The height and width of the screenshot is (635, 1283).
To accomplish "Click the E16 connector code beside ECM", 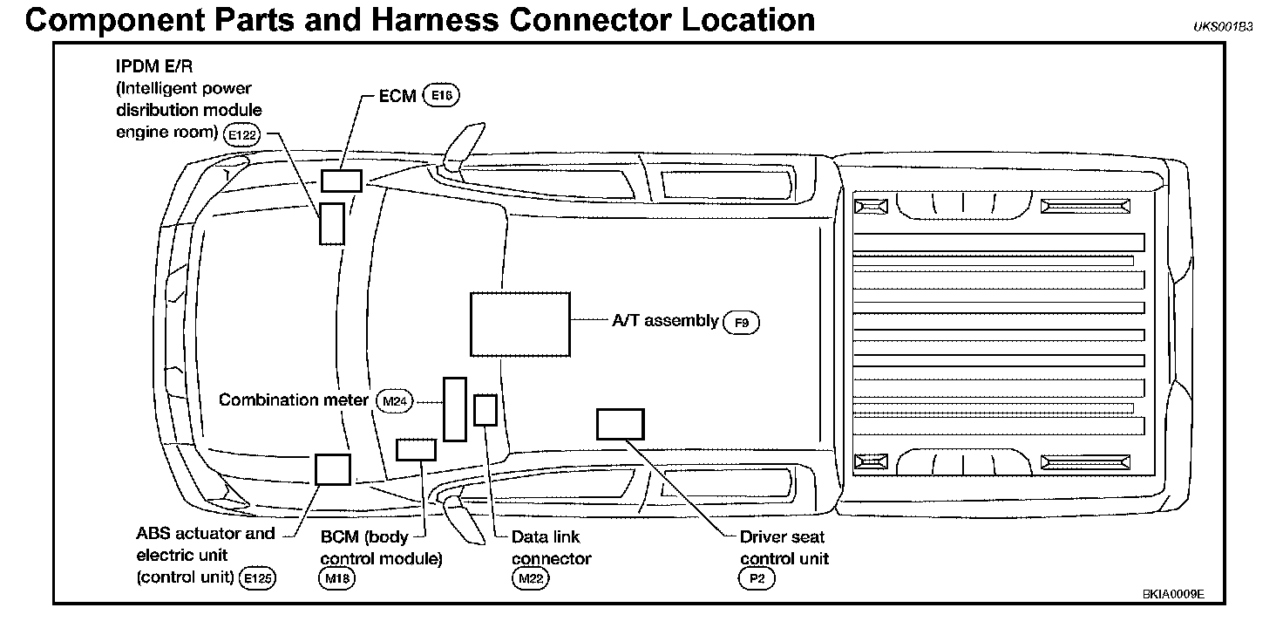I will tap(440, 97).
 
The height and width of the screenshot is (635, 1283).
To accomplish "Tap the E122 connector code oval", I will tap(241, 135).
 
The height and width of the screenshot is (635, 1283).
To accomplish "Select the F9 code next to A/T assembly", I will tap(741, 323).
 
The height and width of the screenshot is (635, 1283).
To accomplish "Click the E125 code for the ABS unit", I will tap(258, 577).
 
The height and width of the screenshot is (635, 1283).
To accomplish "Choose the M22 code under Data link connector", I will tap(531, 577).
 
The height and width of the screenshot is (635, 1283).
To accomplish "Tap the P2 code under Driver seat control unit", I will tap(756, 577).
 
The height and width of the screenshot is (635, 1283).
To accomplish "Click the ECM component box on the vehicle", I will tap(341, 181).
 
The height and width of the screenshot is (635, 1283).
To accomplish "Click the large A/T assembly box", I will tap(519, 324).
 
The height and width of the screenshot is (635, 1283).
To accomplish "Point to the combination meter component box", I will tap(454, 409).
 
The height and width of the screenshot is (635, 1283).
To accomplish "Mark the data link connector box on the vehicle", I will tap(485, 410).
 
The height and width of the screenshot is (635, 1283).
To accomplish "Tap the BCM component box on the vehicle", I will tap(415, 449).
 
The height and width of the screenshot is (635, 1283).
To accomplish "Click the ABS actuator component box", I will tap(332, 468).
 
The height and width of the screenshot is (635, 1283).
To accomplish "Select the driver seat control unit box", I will tap(620, 424).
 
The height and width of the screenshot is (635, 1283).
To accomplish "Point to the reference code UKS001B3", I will tap(1223, 27).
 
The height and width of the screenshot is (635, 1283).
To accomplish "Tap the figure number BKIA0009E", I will tap(1173, 594).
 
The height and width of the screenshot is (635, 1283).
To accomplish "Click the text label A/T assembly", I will tap(665, 321).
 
